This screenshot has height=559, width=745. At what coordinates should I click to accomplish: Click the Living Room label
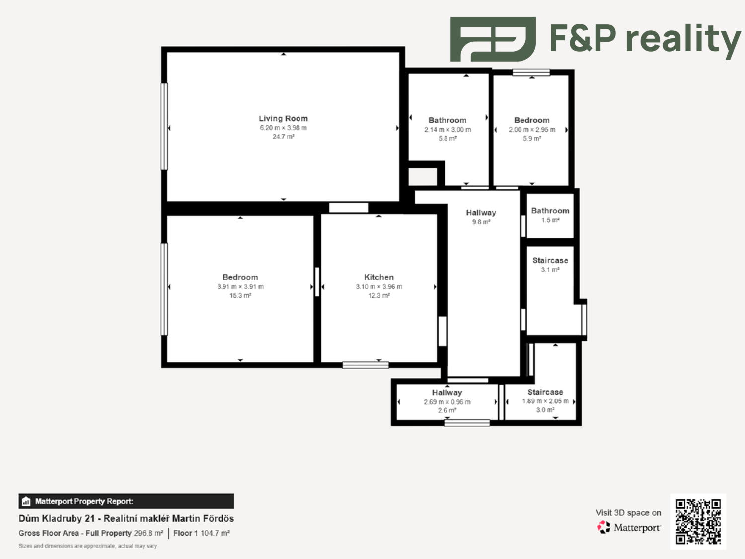point(283,118)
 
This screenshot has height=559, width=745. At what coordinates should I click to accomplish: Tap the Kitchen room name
point(379,277)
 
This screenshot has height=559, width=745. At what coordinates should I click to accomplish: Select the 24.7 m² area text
point(283,137)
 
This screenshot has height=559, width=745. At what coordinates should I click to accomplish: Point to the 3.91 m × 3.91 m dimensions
point(240,287)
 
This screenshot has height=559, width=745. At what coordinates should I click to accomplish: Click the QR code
point(698,522)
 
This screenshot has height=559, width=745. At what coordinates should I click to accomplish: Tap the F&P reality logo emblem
point(493,39)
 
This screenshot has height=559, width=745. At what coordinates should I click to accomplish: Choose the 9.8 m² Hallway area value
point(481,222)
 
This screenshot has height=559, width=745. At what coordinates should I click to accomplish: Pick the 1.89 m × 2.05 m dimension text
point(545,401)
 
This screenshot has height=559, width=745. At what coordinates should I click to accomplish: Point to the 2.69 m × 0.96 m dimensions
point(447,402)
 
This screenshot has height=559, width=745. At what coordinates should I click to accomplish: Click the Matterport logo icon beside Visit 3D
point(604,527)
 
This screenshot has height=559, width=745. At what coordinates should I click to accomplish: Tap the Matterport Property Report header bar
point(126,501)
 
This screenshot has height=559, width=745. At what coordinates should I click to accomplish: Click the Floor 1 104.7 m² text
point(202,533)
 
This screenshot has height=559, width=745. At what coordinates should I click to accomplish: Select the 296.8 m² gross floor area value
point(149,533)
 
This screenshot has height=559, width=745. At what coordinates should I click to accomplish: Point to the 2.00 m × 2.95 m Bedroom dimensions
point(532,129)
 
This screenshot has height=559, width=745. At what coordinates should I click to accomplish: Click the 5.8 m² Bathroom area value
point(447,139)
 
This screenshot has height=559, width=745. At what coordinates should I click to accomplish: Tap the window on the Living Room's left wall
point(164,127)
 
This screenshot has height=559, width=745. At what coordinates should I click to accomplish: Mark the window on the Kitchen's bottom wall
point(366,365)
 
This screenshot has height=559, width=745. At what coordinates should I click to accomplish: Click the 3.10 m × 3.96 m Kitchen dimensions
point(379,287)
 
